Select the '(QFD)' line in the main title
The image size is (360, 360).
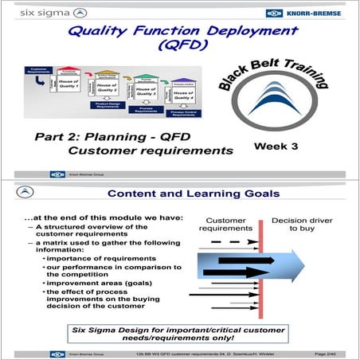point(180,49)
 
